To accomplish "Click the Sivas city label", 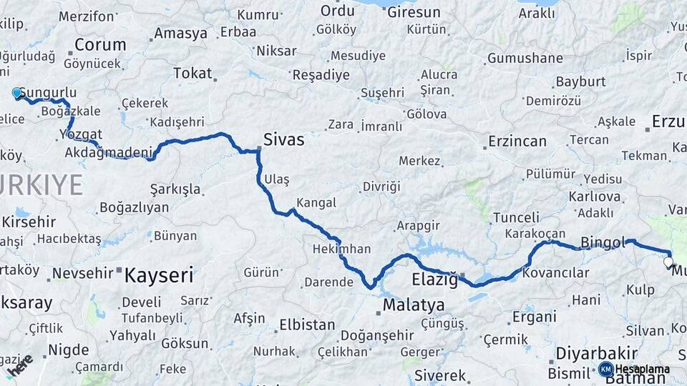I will tap(283, 139).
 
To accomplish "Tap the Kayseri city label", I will tap(159, 274).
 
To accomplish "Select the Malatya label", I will tap(413, 305).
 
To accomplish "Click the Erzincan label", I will tap(517, 142).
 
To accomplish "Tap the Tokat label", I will tap(193, 73).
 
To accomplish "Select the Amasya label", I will tap(180, 34).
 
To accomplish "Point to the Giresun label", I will tap(414, 12).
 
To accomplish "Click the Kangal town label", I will tap(316, 203).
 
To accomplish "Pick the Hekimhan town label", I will tap(341, 249).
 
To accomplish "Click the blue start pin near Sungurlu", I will tap(16, 93).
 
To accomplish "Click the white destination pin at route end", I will tap(668, 262).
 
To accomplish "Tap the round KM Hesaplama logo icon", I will tap(605, 369).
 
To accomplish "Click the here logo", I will tap(19, 364).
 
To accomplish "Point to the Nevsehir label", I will tap(83, 272).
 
